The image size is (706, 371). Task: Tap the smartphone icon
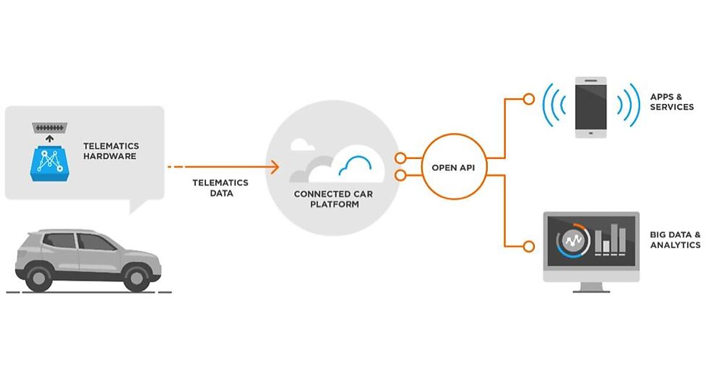pyautogui.click(x=591, y=108)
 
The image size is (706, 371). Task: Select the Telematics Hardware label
pyautogui.click(x=110, y=151)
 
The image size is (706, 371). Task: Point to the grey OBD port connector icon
pyautogui.click(x=49, y=127)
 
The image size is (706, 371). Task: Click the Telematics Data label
pyautogui.click(x=221, y=187)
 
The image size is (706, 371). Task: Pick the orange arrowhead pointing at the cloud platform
pyautogui.click(x=275, y=167)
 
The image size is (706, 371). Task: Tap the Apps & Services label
pyautogui.click(x=672, y=101)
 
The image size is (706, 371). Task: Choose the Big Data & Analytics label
pyautogui.click(x=675, y=239)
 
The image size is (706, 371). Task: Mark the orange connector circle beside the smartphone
pyautogui.click(x=529, y=98)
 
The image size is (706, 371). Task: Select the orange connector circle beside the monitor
pyautogui.click(x=529, y=246)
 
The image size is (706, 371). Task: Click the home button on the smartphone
pyautogui.click(x=591, y=133)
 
